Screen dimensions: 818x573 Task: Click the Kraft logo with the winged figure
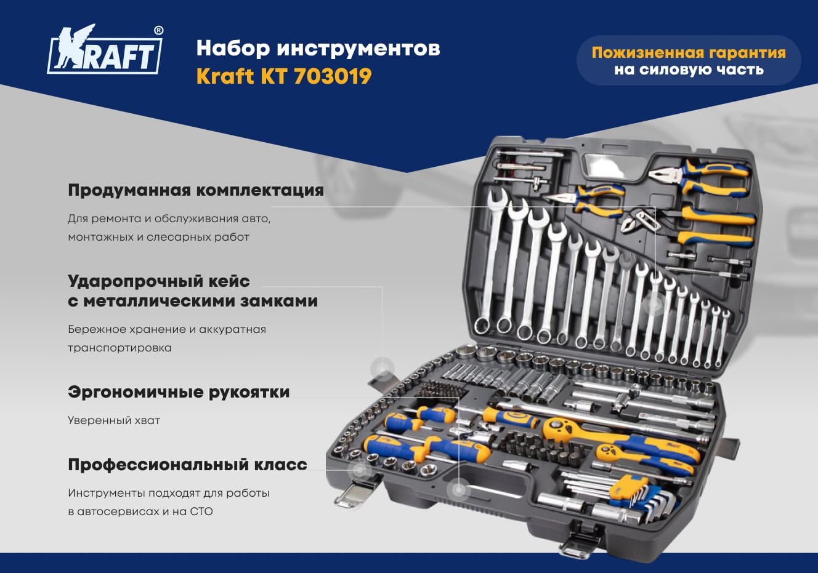pos(105,49)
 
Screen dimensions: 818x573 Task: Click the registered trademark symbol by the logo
pos(158,31)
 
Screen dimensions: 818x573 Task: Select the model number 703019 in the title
pos(333,76)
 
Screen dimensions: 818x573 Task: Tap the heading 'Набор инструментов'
pos(318,49)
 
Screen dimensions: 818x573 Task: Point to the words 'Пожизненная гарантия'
pos(689,52)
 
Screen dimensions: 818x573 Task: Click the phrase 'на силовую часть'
pos(689,70)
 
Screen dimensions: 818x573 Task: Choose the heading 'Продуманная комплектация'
pos(196,191)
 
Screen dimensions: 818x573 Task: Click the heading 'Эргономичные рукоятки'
pos(179,392)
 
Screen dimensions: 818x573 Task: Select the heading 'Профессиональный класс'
pos(187,465)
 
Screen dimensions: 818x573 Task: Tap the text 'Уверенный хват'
pos(114,420)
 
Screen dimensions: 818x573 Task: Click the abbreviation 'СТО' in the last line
pos(201,511)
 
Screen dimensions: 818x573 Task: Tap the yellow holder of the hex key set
pos(628,488)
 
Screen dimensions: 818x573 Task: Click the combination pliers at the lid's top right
pos(699,179)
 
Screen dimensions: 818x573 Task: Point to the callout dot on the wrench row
pos(654,303)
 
